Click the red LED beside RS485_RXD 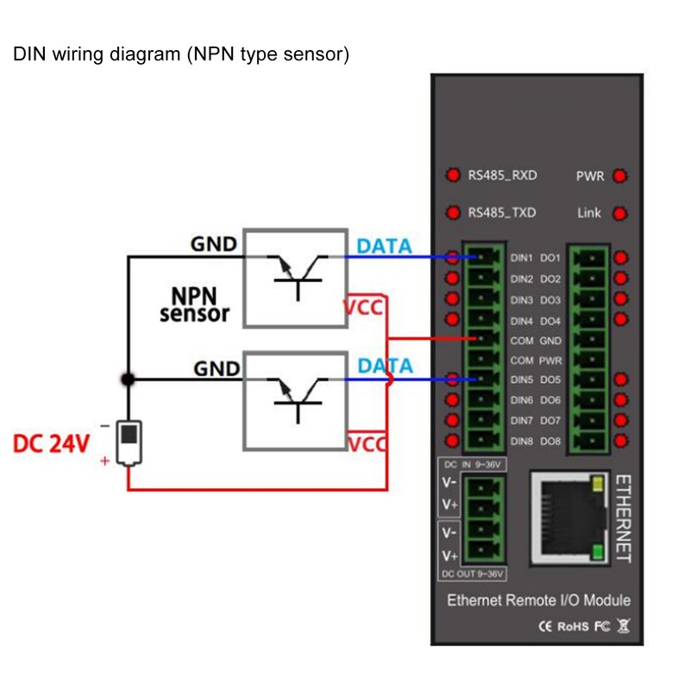click(x=453, y=176)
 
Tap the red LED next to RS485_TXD click(x=453, y=212)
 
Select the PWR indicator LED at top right click(x=619, y=176)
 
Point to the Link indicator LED click(x=619, y=212)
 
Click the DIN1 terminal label click(x=523, y=258)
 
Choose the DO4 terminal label click(x=550, y=320)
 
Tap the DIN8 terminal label click(x=522, y=442)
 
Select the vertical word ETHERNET click(x=625, y=517)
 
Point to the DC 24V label click(x=52, y=444)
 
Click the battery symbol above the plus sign click(x=129, y=440)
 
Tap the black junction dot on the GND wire click(x=128, y=379)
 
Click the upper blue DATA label click(x=384, y=246)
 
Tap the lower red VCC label click(x=367, y=445)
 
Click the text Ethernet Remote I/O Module click(x=538, y=600)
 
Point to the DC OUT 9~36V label click(x=473, y=574)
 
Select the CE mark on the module click(x=545, y=626)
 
